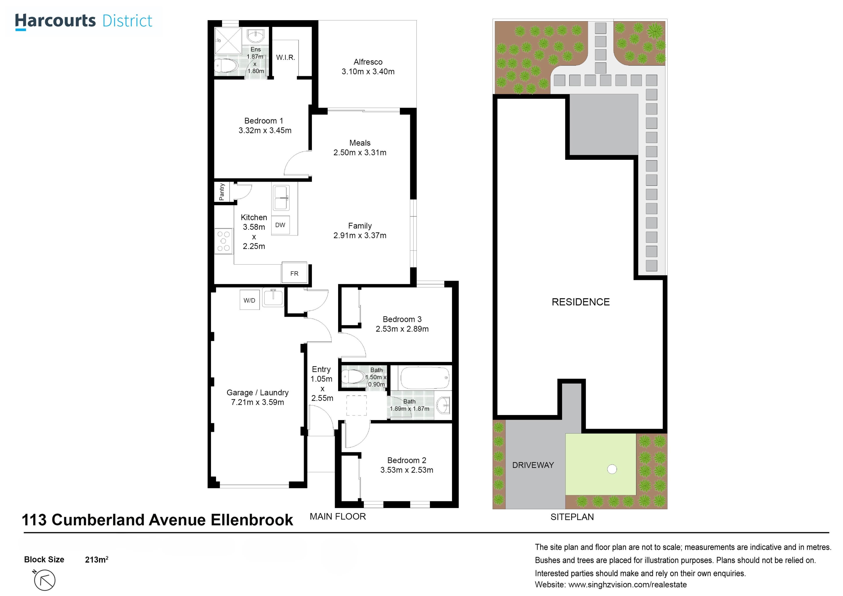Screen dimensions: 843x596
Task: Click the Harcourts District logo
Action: coord(83,21)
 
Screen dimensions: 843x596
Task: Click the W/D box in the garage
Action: coord(250,300)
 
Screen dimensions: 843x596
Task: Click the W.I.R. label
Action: coord(286,57)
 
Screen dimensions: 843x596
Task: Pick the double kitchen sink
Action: coord(281,198)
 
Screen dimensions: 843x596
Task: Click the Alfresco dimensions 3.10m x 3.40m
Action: coord(368,72)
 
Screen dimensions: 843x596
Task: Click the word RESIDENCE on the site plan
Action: coord(580,302)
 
